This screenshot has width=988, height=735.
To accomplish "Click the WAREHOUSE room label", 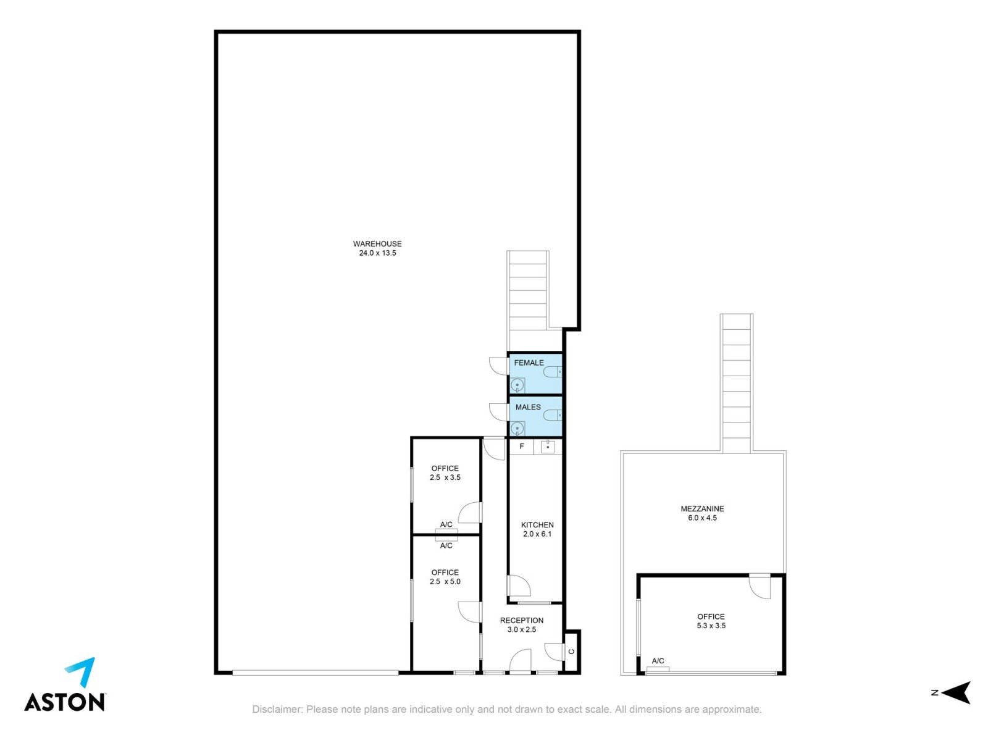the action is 377,244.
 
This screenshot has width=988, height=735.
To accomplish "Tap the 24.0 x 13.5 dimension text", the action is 377,253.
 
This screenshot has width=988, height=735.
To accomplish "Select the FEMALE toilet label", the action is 529,363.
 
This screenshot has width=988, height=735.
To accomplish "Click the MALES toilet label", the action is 528,408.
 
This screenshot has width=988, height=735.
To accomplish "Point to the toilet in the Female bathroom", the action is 552,371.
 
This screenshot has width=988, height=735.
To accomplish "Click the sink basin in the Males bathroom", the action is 517,429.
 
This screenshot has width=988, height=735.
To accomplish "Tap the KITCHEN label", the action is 537,525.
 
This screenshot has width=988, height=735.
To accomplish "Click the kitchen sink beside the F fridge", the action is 548,446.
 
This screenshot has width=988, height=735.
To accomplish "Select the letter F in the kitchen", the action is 522,446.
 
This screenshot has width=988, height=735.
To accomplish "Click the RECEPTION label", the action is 522,621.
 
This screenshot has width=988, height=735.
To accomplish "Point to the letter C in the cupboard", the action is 572,651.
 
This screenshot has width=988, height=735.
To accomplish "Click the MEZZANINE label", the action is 702,508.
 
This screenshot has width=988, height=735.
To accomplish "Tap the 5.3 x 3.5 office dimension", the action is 711,626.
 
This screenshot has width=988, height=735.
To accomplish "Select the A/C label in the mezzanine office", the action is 658,661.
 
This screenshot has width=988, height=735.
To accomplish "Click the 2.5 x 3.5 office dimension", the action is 445,477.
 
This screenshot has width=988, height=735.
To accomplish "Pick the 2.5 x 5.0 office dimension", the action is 445,582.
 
